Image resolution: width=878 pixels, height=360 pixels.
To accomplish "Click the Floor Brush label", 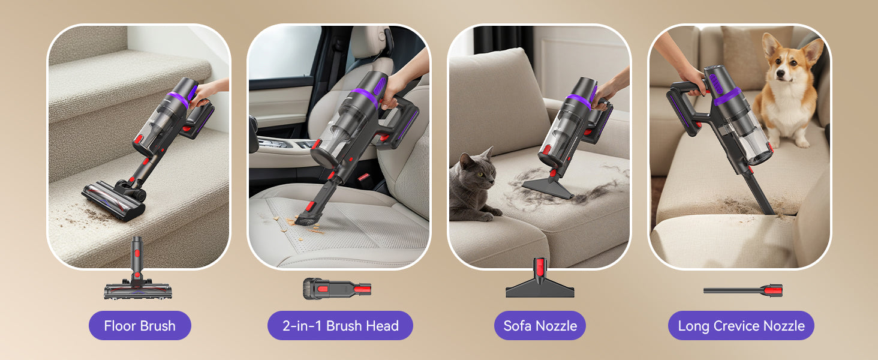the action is tap(140, 325).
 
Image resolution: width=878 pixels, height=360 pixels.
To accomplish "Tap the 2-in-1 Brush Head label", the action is tap(340, 325).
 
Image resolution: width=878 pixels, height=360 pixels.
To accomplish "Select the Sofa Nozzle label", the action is tap(540, 325).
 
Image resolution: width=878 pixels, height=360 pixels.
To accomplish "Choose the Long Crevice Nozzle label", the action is tap(741, 325).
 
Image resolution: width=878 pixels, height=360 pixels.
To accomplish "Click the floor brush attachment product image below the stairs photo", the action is tap(137, 271).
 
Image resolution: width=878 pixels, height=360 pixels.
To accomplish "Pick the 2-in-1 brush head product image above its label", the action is tap(337, 289).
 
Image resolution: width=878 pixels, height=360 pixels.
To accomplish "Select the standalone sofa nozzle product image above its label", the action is tap(540, 278).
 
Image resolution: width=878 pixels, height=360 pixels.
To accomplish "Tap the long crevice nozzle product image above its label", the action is tap(743, 290).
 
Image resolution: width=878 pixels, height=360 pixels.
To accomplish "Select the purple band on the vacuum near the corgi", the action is tap(727, 97).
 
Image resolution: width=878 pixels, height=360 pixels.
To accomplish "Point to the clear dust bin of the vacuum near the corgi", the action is tap(751, 139).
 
